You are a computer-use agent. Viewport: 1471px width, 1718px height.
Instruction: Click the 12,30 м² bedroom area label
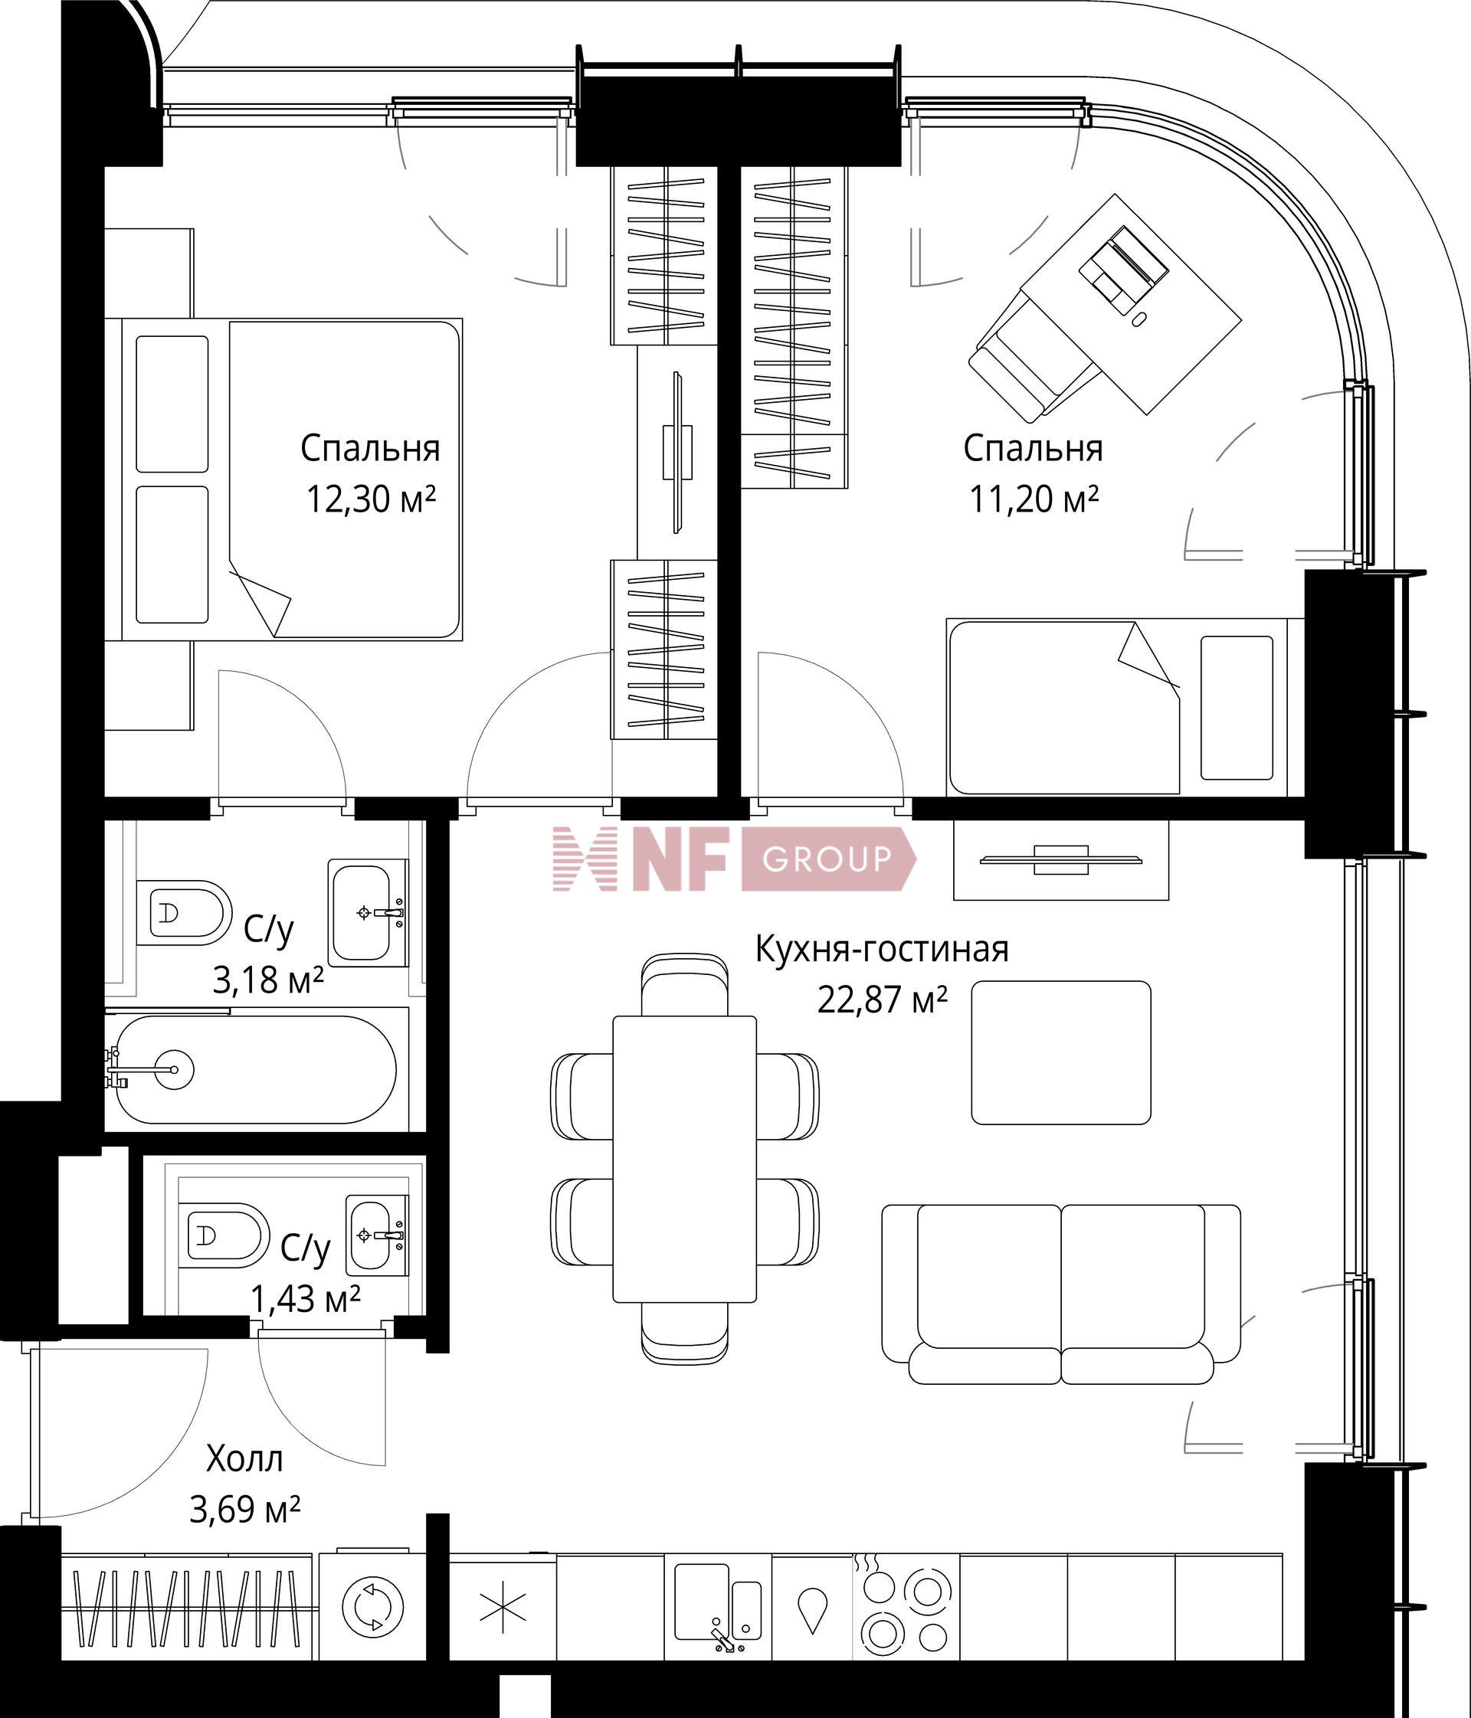point(371,499)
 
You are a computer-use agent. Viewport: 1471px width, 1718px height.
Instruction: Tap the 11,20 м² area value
point(1034,499)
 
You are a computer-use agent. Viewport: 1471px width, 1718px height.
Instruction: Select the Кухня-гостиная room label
point(881,949)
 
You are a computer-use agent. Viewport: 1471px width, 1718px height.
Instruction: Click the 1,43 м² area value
point(305,1298)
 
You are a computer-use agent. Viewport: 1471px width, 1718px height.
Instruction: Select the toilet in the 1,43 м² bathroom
point(222,1235)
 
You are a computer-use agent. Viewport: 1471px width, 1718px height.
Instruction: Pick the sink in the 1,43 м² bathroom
point(376,1235)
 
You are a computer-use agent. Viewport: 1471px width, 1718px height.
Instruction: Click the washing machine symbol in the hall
point(372,1607)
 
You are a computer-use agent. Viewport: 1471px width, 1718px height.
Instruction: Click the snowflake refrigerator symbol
point(503,1607)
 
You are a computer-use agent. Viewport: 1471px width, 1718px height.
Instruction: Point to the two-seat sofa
point(1060,1294)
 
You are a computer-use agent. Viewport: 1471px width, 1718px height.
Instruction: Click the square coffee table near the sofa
point(1060,1052)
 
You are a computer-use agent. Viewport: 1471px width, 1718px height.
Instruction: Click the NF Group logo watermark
point(735,858)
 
